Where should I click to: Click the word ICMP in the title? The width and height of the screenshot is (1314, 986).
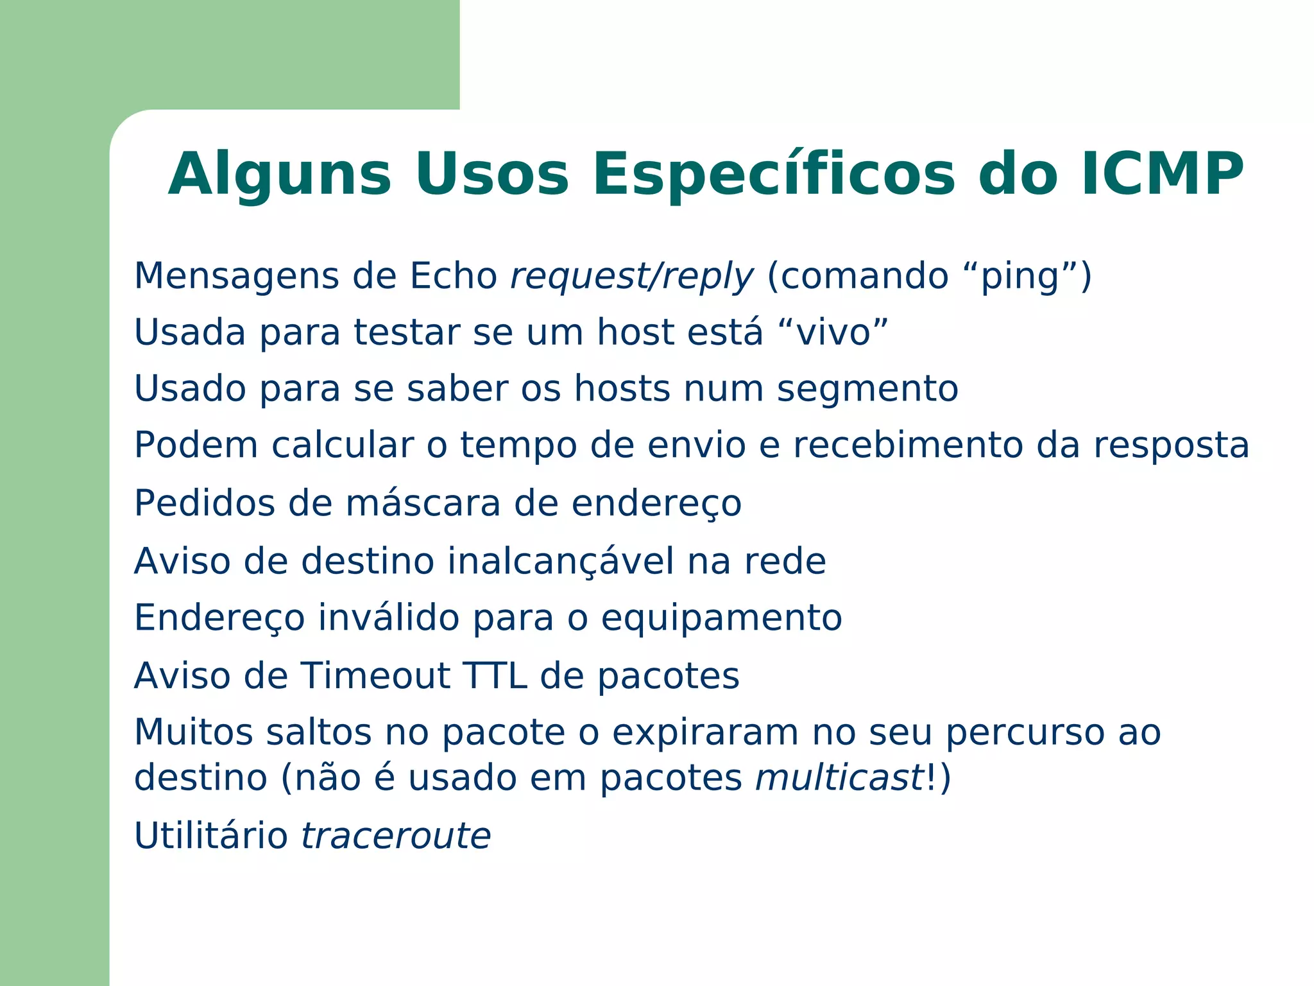(1162, 174)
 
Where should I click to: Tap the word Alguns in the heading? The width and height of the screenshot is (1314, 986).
(279, 175)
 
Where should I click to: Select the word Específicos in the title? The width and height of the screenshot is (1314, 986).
(774, 175)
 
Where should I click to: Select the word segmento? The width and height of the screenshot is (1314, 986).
(867, 389)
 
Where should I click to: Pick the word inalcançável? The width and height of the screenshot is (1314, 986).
(560, 560)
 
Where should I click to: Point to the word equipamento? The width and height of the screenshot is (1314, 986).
(721, 618)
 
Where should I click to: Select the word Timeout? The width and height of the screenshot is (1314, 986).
(376, 675)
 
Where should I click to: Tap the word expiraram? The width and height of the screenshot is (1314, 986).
(705, 732)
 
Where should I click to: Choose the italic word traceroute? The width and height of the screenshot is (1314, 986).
(396, 836)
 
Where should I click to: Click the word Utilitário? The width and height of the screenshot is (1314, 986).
(211, 836)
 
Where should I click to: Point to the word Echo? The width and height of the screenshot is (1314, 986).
(453, 276)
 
